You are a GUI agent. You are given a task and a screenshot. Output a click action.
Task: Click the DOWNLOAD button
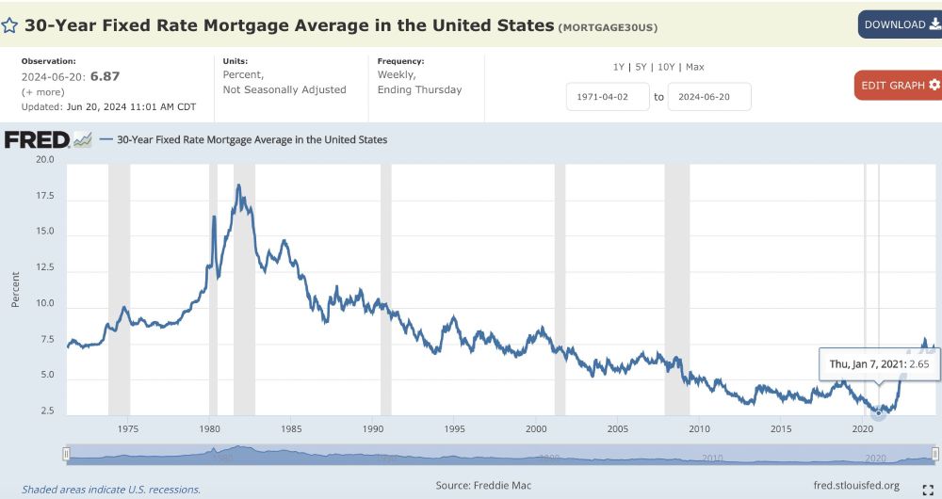pyautogui.click(x=899, y=24)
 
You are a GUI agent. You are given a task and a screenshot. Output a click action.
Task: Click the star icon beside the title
pyautogui.click(x=9, y=25)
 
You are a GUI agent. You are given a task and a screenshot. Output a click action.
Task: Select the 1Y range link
pyautogui.click(x=619, y=67)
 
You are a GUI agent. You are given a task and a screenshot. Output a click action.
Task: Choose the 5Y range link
pyautogui.click(x=642, y=67)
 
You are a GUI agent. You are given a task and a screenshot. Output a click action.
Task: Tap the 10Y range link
pyautogui.click(x=667, y=67)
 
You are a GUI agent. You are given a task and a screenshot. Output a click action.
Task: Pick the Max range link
pyautogui.click(x=694, y=67)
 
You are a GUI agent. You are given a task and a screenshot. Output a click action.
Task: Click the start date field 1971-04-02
pyautogui.click(x=608, y=96)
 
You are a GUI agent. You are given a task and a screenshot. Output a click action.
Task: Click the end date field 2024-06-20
pyautogui.click(x=709, y=96)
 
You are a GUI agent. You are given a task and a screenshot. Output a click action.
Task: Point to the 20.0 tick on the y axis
pyautogui.click(x=44, y=160)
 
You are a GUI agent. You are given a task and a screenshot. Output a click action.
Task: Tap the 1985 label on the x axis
pyautogui.click(x=292, y=429)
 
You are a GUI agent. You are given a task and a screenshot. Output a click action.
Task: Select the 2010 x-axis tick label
pyautogui.click(x=699, y=429)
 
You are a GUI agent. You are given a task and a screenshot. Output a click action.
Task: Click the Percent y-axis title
pyautogui.click(x=15, y=288)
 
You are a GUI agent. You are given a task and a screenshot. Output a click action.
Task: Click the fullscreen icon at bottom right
pyautogui.click(x=927, y=488)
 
